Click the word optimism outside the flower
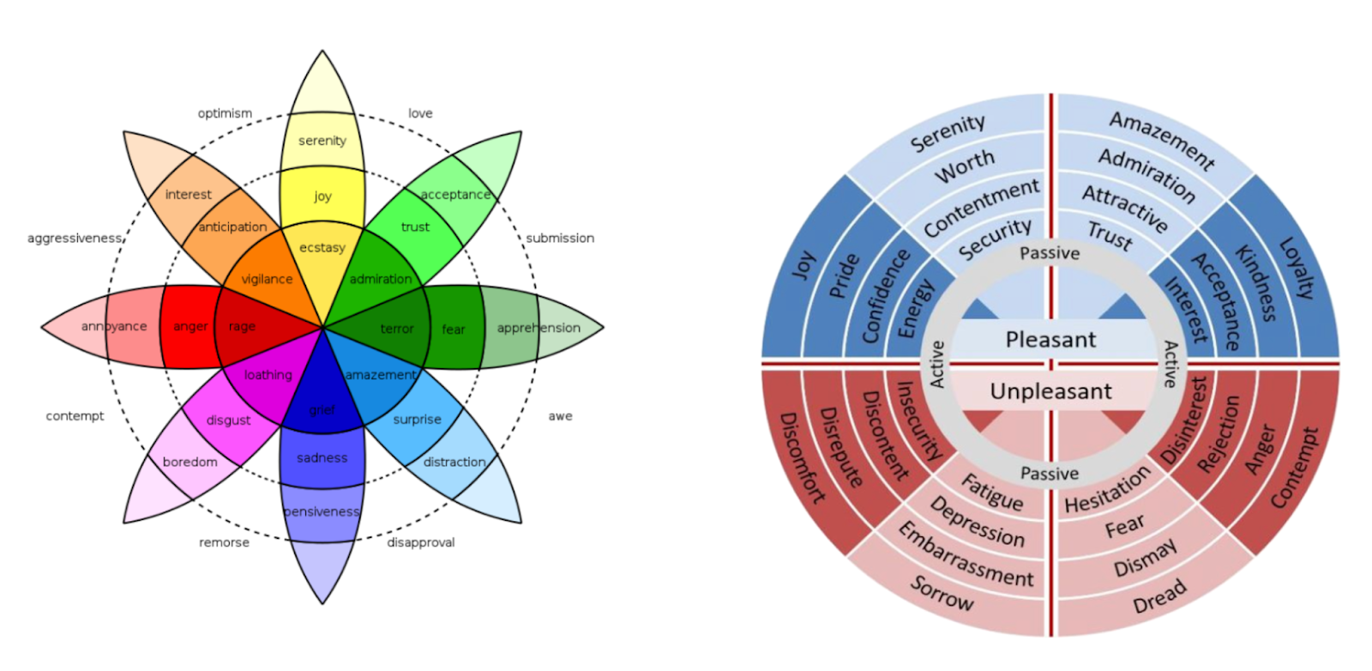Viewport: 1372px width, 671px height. point(225,113)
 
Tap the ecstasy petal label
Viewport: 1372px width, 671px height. point(322,248)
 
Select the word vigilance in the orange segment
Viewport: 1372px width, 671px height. point(267,279)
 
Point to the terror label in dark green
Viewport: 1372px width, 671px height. point(397,329)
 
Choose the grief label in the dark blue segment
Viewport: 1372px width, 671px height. point(322,409)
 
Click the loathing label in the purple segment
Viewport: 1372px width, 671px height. point(268,375)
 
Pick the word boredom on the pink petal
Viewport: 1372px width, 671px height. point(190,462)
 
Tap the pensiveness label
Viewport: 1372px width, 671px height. point(322,511)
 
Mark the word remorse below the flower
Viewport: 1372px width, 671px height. point(225,542)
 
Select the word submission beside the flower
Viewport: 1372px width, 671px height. point(560,238)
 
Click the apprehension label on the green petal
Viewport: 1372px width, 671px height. point(539,328)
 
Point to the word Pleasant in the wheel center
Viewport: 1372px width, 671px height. point(1050,340)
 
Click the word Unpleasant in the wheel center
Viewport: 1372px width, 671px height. point(1050,391)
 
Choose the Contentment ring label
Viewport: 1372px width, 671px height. point(981,208)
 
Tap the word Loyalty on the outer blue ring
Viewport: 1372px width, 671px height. point(1296,268)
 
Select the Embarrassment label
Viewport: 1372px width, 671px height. point(966,556)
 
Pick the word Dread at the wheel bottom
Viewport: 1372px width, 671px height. point(1159,596)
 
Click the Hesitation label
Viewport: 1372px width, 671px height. point(1107,490)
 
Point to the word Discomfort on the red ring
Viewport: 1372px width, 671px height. point(801,457)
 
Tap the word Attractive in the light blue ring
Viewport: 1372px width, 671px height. point(1124,209)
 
